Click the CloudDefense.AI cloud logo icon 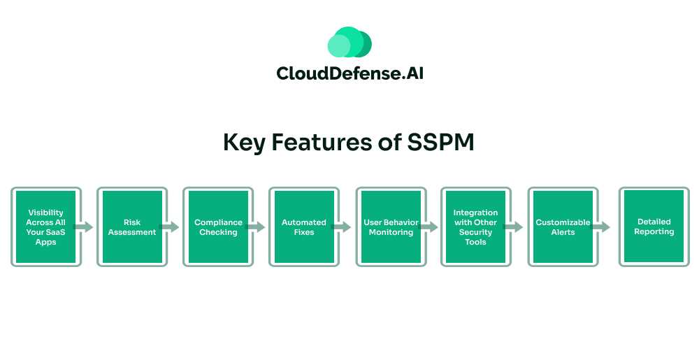pyautogui.click(x=349, y=42)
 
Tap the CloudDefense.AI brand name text pyautogui.click(x=349, y=73)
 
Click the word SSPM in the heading pyautogui.click(x=440, y=142)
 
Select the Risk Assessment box pyautogui.click(x=132, y=227)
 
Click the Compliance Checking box pyautogui.click(x=218, y=227)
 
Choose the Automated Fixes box pyautogui.click(x=303, y=227)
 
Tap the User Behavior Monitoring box pyautogui.click(x=391, y=227)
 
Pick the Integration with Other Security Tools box pyautogui.click(x=475, y=227)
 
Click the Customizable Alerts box pyautogui.click(x=563, y=227)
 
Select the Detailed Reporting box pyautogui.click(x=654, y=226)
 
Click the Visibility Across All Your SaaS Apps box pyautogui.click(x=46, y=227)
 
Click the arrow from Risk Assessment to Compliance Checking pyautogui.click(x=171, y=227)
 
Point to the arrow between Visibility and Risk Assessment pyautogui.click(x=85, y=227)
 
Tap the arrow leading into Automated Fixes pyautogui.click(x=257, y=227)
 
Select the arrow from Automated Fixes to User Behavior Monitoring pyautogui.click(x=343, y=227)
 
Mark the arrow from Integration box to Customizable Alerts pyautogui.click(x=514, y=227)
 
